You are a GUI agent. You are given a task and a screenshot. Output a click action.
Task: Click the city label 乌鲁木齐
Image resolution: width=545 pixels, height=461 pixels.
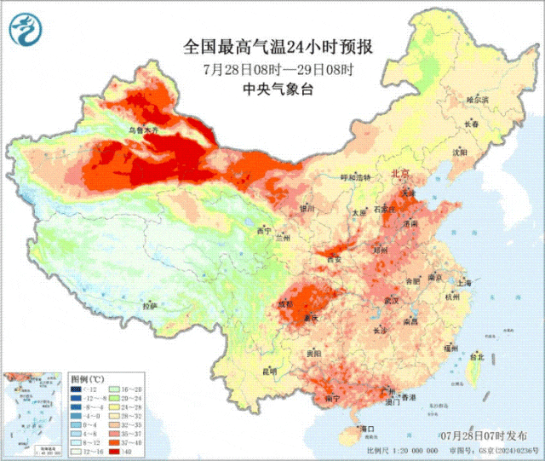pos(142,130)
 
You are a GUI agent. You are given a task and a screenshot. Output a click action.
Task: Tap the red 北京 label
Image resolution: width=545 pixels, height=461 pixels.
pos(399,174)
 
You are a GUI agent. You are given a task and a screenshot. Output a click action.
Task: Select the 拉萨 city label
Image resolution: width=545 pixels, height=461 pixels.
pos(150,306)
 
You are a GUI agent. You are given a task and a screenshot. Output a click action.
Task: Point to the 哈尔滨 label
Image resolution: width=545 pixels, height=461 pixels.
pos(478,100)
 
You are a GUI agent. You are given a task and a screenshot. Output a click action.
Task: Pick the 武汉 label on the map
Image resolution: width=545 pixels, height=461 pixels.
pos(392,301)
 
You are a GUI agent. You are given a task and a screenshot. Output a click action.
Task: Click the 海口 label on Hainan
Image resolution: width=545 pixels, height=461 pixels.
pos(368,428)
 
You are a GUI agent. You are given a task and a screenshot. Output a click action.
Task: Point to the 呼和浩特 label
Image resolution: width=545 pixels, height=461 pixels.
pos(356,177)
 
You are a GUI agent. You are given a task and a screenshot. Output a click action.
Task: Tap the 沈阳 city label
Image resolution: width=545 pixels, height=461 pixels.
pos(460,153)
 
